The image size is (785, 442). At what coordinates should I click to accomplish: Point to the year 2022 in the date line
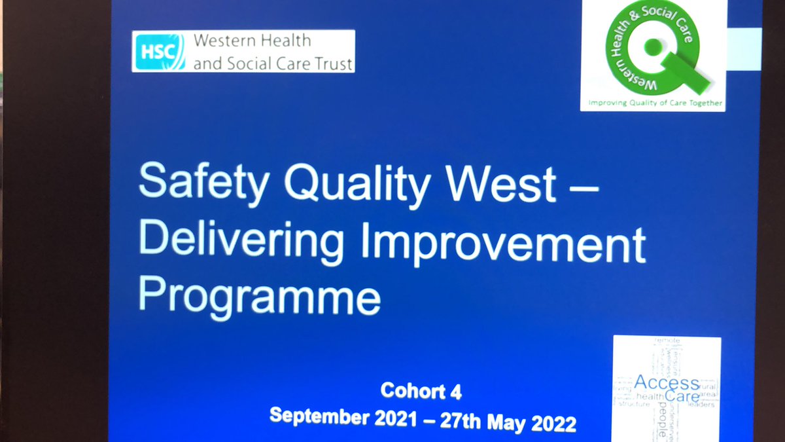pyautogui.click(x=555, y=424)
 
